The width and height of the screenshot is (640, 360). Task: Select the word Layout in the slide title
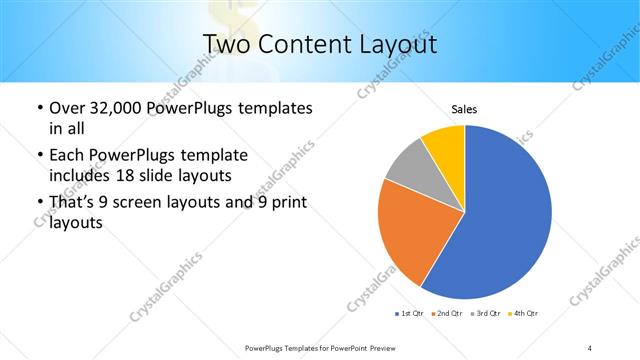[395, 45]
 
